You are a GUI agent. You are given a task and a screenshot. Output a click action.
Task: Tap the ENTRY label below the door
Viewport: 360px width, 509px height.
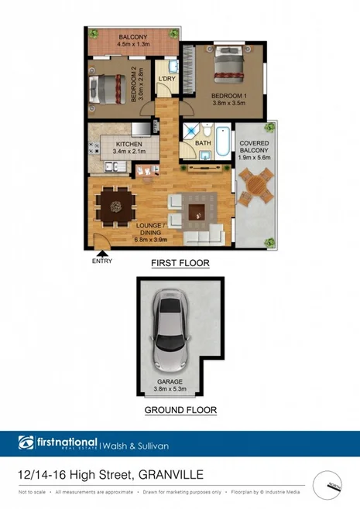(x=101, y=261)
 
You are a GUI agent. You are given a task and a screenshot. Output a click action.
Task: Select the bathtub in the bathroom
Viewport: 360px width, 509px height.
(x=221, y=141)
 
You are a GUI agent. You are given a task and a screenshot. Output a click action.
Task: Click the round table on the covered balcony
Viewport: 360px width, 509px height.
(x=253, y=186)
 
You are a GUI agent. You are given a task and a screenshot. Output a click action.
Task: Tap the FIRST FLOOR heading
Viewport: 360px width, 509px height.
(x=180, y=263)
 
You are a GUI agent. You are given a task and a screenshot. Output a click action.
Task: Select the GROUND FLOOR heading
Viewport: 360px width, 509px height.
(x=180, y=410)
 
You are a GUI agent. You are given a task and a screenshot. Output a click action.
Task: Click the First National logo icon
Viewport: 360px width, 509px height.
(x=26, y=443)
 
